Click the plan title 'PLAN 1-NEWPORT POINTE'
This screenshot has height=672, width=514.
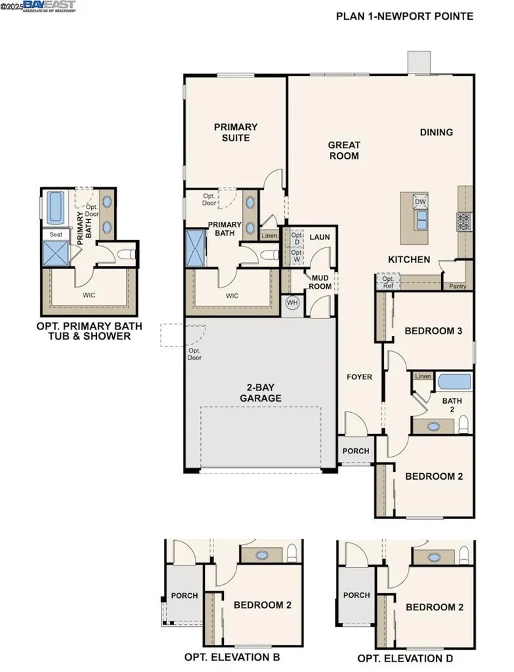tap(404, 16)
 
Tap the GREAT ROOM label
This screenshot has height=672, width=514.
tap(344, 150)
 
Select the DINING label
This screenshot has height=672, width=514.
tap(437, 132)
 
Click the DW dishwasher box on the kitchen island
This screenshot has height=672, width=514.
tap(420, 201)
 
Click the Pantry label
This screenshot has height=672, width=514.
tap(458, 286)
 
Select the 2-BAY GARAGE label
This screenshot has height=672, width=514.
tap(260, 392)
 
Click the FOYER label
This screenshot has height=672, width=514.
tap(360, 377)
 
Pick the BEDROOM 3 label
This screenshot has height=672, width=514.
tap(433, 331)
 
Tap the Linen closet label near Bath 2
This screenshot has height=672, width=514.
tap(423, 377)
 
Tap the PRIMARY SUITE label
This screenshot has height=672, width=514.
tap(236, 132)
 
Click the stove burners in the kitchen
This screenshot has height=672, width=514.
tap(464, 221)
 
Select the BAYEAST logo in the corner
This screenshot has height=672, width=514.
tap(49, 6)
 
